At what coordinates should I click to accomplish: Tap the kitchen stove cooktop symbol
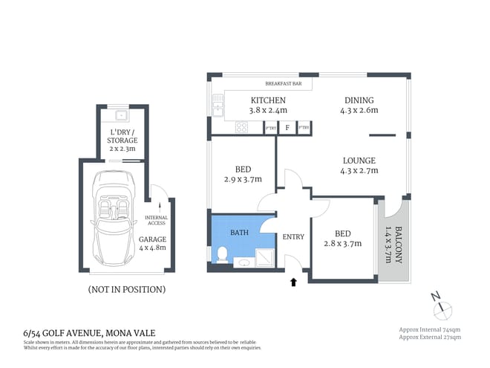click(x=241, y=127)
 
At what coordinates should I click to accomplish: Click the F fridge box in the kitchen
click(x=287, y=128)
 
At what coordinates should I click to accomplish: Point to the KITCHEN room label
click(x=269, y=100)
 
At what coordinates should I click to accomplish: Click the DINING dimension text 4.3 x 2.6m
click(x=359, y=111)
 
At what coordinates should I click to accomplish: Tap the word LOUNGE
click(x=359, y=161)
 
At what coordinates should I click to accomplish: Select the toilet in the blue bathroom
click(x=220, y=254)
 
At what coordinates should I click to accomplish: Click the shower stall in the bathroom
click(x=263, y=256)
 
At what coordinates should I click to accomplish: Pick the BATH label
click(x=239, y=233)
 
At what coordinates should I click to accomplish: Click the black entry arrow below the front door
click(x=293, y=282)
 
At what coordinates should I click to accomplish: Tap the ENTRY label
click(x=293, y=236)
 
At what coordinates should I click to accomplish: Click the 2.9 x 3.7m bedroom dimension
click(x=241, y=179)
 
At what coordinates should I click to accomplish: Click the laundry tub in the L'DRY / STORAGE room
click(x=121, y=115)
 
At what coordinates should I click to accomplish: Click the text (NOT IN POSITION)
click(x=126, y=289)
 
